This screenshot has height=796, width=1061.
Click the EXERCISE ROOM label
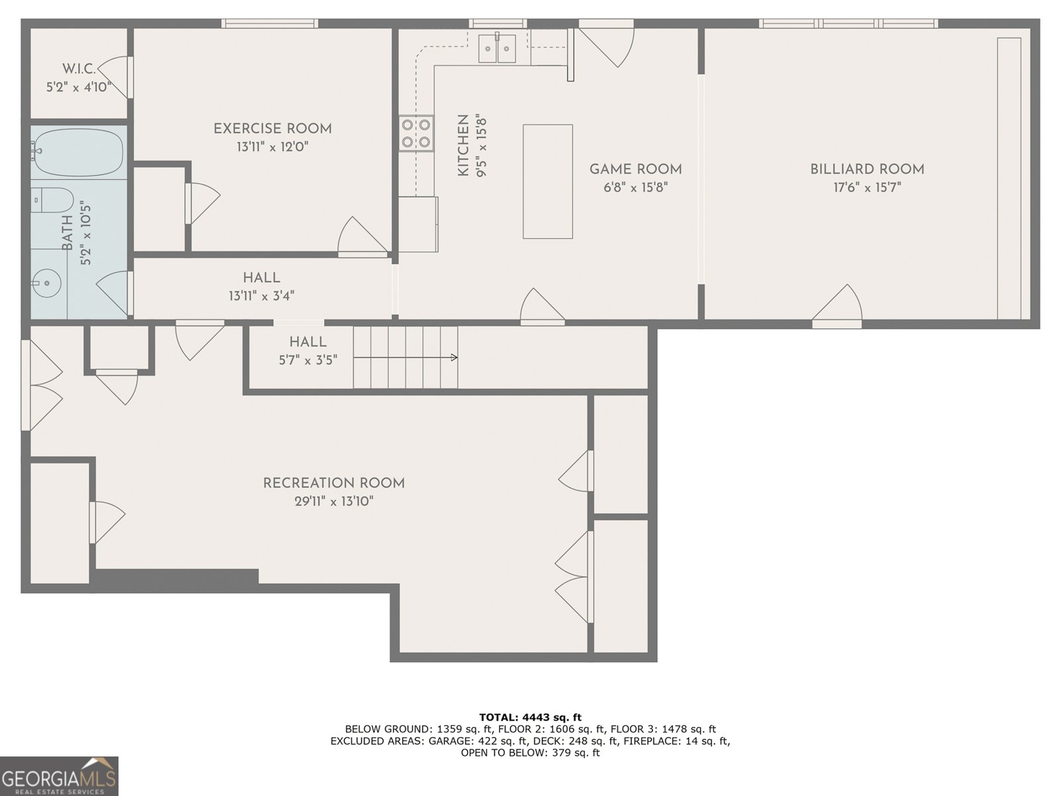pyautogui.click(x=272, y=129)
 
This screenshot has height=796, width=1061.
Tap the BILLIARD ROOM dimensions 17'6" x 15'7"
pyautogui.click(x=867, y=188)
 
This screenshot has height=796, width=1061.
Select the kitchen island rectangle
pyautogui.click(x=547, y=181)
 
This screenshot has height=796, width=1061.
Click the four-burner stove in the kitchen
pyautogui.click(x=416, y=133)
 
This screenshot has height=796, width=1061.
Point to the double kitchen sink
pyautogui.click(x=497, y=48)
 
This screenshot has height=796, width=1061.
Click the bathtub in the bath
pyautogui.click(x=78, y=152)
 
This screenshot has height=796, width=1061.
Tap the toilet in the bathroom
pyautogui.click(x=53, y=200)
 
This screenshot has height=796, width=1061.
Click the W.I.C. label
pyautogui.click(x=79, y=68)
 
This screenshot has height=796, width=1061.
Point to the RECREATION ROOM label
pyautogui.click(x=334, y=484)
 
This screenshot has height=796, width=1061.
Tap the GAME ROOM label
pyautogui.click(x=635, y=169)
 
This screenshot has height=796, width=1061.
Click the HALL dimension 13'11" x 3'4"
pyautogui.click(x=261, y=297)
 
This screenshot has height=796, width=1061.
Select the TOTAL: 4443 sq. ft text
pyautogui.click(x=530, y=717)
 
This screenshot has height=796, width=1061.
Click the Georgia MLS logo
pyautogui.click(x=59, y=776)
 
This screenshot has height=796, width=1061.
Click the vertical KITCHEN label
pyautogui.click(x=464, y=145)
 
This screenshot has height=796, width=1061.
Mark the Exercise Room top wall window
pyautogui.click(x=269, y=23)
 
